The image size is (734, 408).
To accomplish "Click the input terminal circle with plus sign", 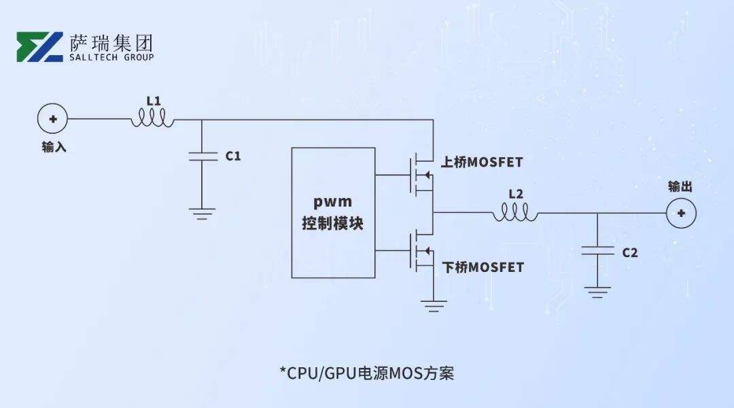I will tap(52, 119).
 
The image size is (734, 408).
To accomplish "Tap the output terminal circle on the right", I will tap(680, 213).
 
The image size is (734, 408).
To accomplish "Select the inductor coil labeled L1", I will tap(153, 119).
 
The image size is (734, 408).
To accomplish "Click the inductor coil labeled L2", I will tap(515, 214).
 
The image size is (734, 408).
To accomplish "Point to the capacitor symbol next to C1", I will tap(202, 156).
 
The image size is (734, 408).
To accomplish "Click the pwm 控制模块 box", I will tap(333, 212).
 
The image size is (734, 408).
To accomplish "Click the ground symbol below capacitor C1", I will tap(202, 214).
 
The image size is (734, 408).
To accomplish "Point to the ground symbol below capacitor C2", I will tap(597, 292).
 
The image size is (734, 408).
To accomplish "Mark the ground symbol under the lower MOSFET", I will tap(433, 304).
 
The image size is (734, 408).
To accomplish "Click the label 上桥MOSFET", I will tap(482, 162).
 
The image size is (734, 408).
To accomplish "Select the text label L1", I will tap(154, 101).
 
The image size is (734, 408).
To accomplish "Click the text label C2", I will tap(630, 253).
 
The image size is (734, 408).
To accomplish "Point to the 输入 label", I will tap(54, 146).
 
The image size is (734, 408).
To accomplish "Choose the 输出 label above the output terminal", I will tap(680, 186).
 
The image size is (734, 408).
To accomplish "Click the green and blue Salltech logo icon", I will tap(39, 47).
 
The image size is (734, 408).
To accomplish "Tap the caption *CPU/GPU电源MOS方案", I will tap(366, 373).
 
